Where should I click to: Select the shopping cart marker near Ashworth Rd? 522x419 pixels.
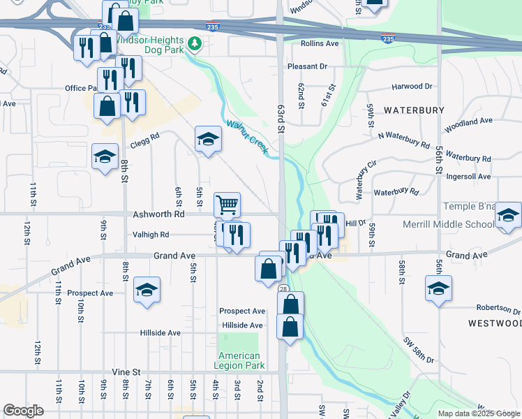228,205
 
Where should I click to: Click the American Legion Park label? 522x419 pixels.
238,360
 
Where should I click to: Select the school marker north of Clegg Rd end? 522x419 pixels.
208,140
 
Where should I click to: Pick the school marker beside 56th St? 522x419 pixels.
438,288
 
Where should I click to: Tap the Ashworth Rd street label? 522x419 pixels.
158,215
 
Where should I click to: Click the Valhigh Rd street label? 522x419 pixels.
151,235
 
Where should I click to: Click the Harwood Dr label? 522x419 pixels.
412,87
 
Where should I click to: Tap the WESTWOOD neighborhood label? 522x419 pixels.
494,323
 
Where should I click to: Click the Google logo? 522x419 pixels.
24,410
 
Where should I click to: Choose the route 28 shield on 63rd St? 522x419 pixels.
283,288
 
